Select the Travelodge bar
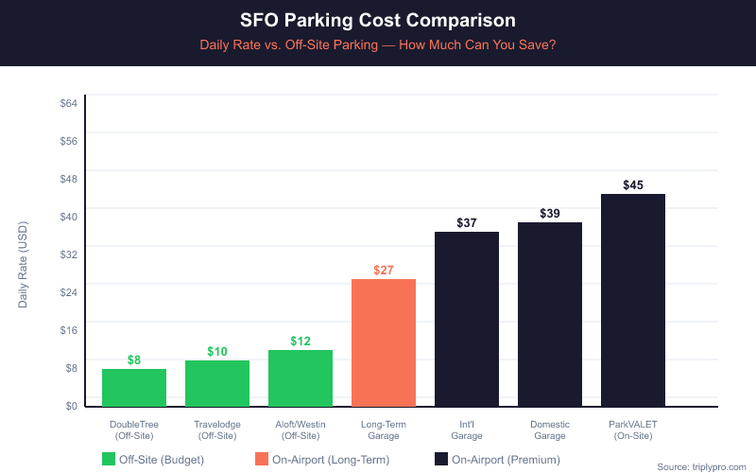(217, 383)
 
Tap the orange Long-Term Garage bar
(384, 342)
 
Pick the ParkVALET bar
(633, 300)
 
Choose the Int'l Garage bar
(467, 319)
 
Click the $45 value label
(633, 184)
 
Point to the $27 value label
(384, 270)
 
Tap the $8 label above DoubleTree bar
(134, 359)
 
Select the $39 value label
(550, 214)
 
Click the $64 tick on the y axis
(68, 102)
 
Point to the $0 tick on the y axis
(71, 406)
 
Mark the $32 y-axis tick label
(68, 254)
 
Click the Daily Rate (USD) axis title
(23, 265)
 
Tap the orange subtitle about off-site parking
(378, 44)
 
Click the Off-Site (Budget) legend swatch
(109, 460)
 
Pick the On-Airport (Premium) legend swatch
(441, 460)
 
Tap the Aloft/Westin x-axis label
(301, 429)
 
